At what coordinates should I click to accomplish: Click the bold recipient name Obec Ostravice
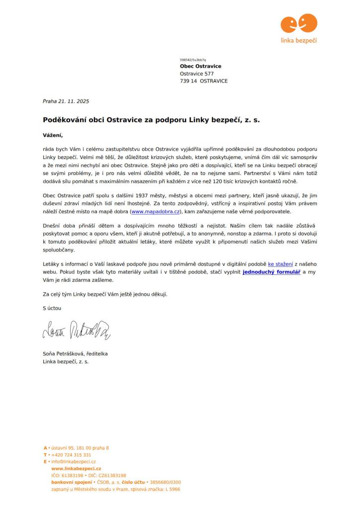[x=200, y=66]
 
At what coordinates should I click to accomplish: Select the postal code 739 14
[x=188, y=81]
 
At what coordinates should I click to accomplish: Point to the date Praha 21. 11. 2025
[x=66, y=101]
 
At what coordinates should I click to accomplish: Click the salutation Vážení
[x=53, y=135]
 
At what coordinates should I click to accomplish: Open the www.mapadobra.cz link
[x=155, y=212]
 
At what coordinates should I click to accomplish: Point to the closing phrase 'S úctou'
[x=52, y=308]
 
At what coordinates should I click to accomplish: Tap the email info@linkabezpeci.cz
[x=74, y=462]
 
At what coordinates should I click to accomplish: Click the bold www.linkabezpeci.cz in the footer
[x=76, y=469]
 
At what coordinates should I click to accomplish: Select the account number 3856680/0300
[x=166, y=482]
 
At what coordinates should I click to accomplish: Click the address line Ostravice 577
[x=197, y=74]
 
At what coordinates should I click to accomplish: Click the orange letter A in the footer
[x=45, y=448]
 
